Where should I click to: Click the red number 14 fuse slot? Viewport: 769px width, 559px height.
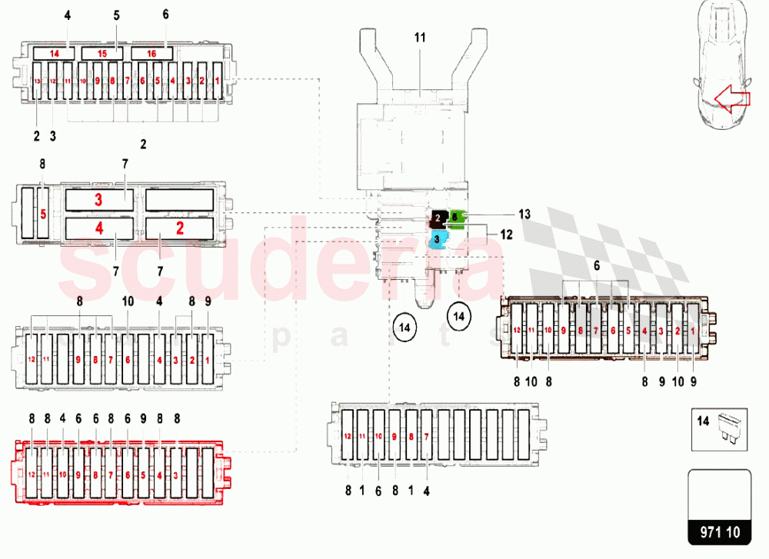(x=54, y=53)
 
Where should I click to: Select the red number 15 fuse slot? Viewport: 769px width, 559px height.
(x=102, y=53)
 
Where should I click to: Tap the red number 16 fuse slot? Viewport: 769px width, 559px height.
(x=151, y=53)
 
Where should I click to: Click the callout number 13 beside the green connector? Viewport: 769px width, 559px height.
(x=524, y=215)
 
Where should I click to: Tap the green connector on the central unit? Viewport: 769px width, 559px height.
(x=458, y=218)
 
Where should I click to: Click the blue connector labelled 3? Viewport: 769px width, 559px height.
(x=437, y=239)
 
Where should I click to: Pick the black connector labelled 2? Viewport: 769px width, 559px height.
(x=439, y=218)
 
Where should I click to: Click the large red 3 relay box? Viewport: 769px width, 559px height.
(x=98, y=200)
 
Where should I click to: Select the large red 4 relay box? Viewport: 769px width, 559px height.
(x=98, y=228)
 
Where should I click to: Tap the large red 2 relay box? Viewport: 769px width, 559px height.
(x=179, y=228)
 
